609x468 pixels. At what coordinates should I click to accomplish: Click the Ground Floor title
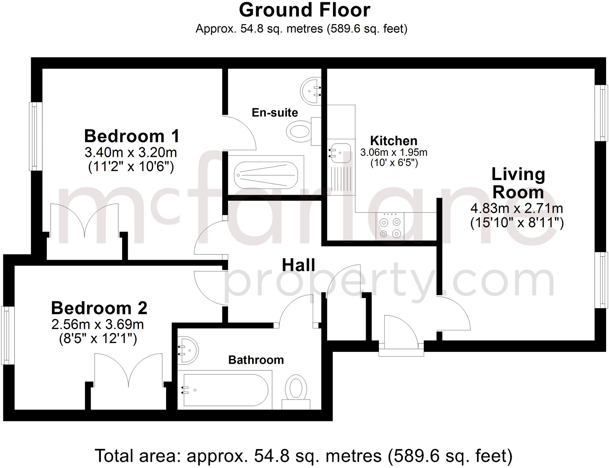click(x=304, y=10)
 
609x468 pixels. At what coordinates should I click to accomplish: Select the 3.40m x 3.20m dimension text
click(x=131, y=152)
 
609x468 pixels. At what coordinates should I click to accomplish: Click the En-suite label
click(x=274, y=112)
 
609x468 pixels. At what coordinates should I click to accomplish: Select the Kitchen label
click(x=393, y=141)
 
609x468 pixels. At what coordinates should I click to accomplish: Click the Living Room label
click(x=518, y=183)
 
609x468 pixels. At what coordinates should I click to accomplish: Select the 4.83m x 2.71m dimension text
click(x=516, y=208)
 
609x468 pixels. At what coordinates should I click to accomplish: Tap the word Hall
click(x=298, y=265)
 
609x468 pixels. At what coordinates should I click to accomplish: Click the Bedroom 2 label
click(x=99, y=308)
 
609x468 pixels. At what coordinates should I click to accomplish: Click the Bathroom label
click(x=256, y=360)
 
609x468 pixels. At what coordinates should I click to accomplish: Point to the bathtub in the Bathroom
click(x=225, y=390)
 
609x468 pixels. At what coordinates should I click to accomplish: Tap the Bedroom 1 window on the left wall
click(x=34, y=136)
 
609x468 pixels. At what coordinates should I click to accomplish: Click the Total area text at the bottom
click(x=304, y=456)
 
